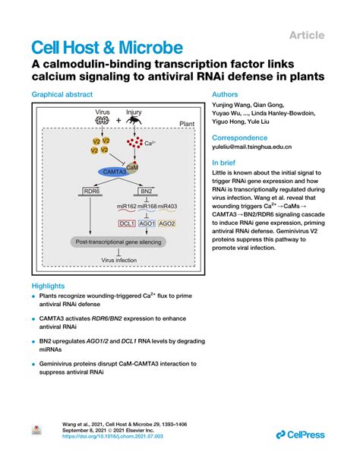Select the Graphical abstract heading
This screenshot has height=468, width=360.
pyautogui.click(x=62, y=94)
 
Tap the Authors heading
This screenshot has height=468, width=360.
pyautogui.click(x=228, y=94)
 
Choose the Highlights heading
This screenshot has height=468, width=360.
pyautogui.click(x=49, y=286)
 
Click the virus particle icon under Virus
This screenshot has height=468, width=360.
pyautogui.click(x=99, y=122)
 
